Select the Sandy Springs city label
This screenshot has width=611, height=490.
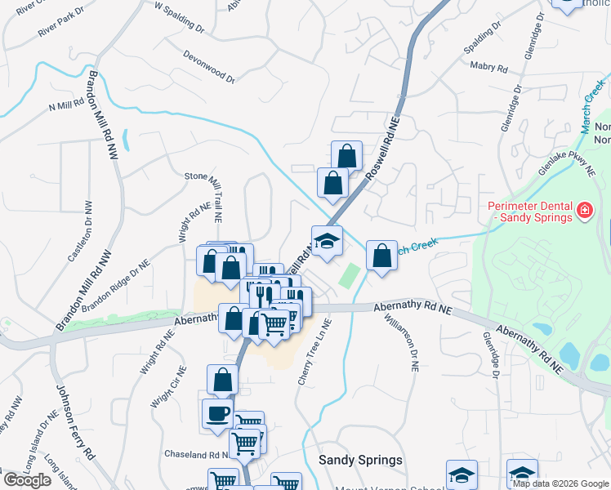[360, 460]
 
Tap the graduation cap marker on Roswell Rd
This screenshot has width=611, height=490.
[327, 241]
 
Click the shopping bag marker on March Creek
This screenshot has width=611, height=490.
[381, 256]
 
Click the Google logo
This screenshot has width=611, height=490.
[28, 480]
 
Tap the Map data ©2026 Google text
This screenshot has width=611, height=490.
[560, 483]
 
